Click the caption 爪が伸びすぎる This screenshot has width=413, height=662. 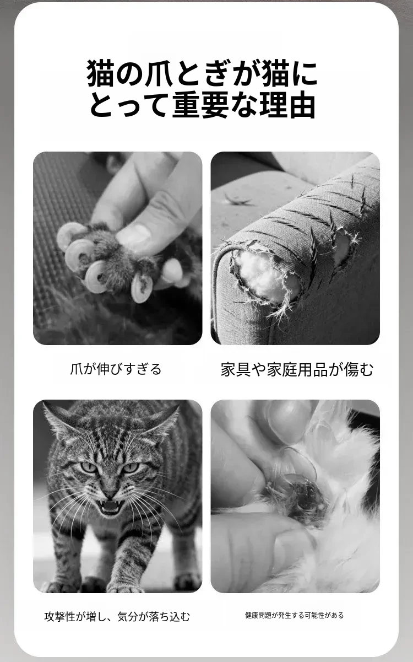click(116, 369)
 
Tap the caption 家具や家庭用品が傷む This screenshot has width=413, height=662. click(297, 369)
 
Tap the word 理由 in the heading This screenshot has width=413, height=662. click(287, 105)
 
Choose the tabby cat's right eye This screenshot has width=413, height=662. click(131, 468)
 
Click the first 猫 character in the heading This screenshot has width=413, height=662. click(100, 73)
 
